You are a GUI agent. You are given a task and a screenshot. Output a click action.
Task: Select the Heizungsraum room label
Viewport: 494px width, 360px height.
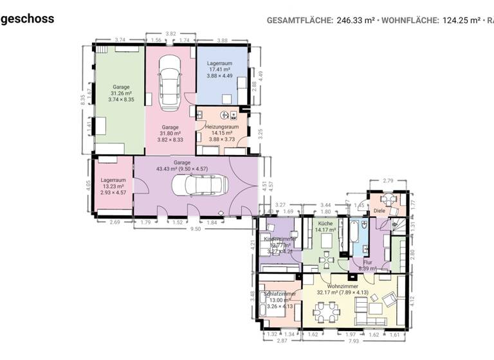click(222, 127)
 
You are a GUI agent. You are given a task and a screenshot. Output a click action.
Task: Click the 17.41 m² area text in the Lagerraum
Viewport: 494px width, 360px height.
click(221, 70)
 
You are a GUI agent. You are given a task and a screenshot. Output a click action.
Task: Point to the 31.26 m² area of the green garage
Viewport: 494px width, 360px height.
click(121, 93)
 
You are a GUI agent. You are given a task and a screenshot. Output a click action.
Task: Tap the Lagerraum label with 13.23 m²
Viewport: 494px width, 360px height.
click(112, 181)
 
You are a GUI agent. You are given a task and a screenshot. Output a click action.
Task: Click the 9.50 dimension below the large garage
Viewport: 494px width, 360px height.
click(196, 228)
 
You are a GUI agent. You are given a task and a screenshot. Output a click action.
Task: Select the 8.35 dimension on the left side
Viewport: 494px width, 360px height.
click(83, 100)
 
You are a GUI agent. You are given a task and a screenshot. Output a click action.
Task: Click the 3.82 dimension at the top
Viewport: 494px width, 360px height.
click(171, 33)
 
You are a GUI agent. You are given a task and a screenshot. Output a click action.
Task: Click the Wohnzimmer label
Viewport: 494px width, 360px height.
click(343, 286)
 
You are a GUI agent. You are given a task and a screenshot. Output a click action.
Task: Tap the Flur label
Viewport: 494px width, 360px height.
click(367, 262)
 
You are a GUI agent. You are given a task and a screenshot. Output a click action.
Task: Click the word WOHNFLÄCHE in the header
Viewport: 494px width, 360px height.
click(410, 20)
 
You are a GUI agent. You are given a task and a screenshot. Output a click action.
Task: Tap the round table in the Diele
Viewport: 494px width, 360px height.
click(393, 201)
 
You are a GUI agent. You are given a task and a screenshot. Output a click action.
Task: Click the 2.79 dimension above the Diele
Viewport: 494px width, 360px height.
click(387, 181)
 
